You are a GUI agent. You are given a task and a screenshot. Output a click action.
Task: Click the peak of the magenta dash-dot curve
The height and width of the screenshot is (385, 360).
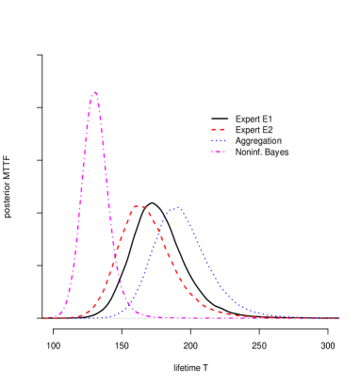95,93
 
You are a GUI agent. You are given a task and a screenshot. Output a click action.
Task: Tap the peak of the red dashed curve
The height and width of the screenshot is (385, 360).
139,205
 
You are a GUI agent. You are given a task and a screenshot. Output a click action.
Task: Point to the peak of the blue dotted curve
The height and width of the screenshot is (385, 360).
175,208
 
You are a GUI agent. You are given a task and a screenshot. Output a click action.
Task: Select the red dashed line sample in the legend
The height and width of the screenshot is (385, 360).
218,130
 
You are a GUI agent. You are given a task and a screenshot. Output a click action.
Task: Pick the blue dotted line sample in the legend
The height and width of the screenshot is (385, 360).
218,141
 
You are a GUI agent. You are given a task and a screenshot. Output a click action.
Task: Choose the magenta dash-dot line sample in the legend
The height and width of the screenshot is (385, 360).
218,152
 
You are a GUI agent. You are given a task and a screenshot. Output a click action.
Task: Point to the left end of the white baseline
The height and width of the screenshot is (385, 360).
43,318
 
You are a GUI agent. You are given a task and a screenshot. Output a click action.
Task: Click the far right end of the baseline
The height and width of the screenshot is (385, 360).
338,318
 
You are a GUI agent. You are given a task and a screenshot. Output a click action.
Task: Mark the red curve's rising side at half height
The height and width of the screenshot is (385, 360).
116,262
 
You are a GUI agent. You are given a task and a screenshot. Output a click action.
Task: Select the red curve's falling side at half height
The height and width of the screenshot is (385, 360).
167,262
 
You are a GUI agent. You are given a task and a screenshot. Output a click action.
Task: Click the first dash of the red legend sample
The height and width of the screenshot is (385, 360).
213,130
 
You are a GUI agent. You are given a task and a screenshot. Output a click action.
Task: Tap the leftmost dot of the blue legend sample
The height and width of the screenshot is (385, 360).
212,141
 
